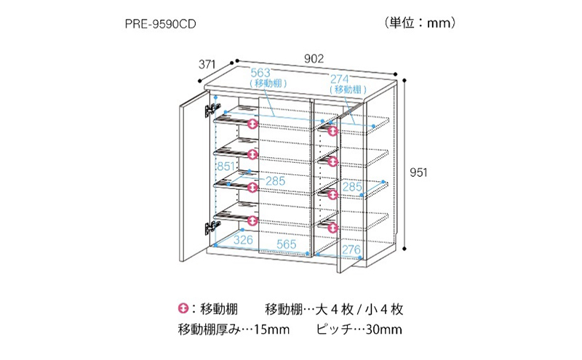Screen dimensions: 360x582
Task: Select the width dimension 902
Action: click(314, 59)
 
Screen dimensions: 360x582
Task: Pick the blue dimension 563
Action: click(260, 73)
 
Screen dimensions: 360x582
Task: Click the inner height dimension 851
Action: click(227, 167)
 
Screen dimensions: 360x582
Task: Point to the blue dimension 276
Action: click(352, 250)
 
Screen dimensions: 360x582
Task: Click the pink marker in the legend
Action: click(183, 309)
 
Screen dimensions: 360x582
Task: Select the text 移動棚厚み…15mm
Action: click(234, 330)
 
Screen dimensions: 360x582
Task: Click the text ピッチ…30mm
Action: click(359, 330)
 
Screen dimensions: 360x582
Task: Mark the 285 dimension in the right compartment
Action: click(351, 188)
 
